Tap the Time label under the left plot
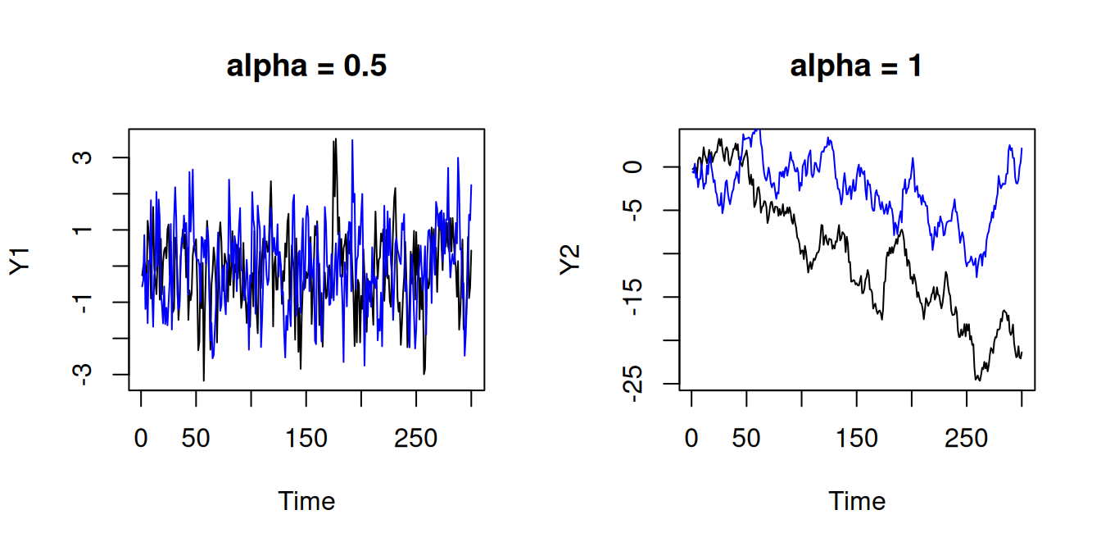(x=306, y=501)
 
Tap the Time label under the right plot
(x=857, y=501)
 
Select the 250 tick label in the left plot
(x=416, y=439)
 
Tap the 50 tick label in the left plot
(x=196, y=439)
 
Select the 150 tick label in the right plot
(x=856, y=439)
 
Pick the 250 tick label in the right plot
(x=967, y=439)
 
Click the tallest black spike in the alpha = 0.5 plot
(x=334, y=140)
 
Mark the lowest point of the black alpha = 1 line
(x=977, y=380)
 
